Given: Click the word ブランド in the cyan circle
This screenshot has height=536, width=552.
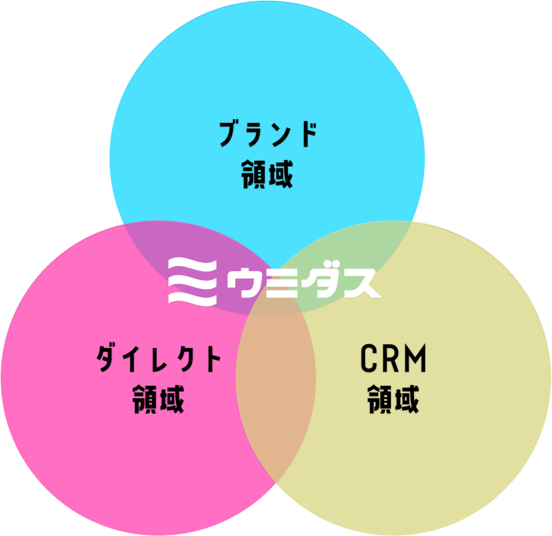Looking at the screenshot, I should [267, 135].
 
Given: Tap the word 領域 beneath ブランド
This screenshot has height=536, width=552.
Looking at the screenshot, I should [267, 173].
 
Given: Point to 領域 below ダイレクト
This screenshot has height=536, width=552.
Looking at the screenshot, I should [158, 399].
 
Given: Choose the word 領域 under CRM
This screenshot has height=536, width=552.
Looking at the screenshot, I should [394, 399].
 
